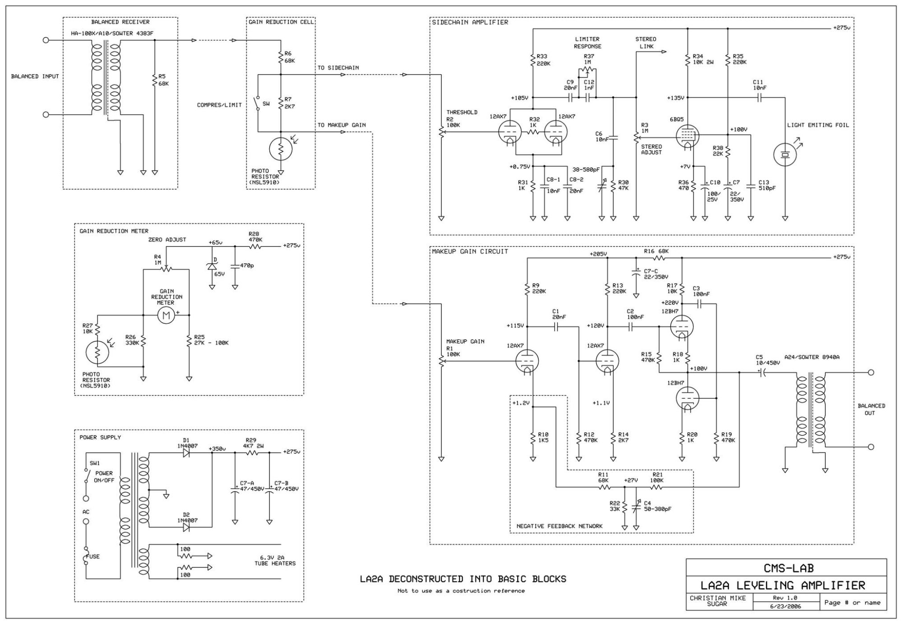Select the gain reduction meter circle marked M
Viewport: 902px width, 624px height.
coord(166,315)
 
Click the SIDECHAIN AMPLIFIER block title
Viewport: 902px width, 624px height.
coord(470,22)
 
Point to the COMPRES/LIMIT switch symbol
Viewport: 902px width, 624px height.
coord(258,103)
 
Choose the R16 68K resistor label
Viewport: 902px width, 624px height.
coord(656,251)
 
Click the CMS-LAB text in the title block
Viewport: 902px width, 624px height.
coord(788,568)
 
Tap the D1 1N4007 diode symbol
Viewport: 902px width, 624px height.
coord(186,453)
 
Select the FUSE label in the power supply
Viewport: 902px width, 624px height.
coord(92,556)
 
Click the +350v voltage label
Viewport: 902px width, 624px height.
coord(217,448)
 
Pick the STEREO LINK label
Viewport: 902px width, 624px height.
coord(646,42)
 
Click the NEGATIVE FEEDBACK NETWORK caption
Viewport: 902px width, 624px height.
coord(559,526)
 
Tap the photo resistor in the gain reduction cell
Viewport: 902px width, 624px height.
coord(281,149)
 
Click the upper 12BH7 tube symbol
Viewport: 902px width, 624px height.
coord(681,326)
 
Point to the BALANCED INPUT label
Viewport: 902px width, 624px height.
coord(35,76)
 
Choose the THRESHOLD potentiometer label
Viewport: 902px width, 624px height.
coord(462,112)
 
